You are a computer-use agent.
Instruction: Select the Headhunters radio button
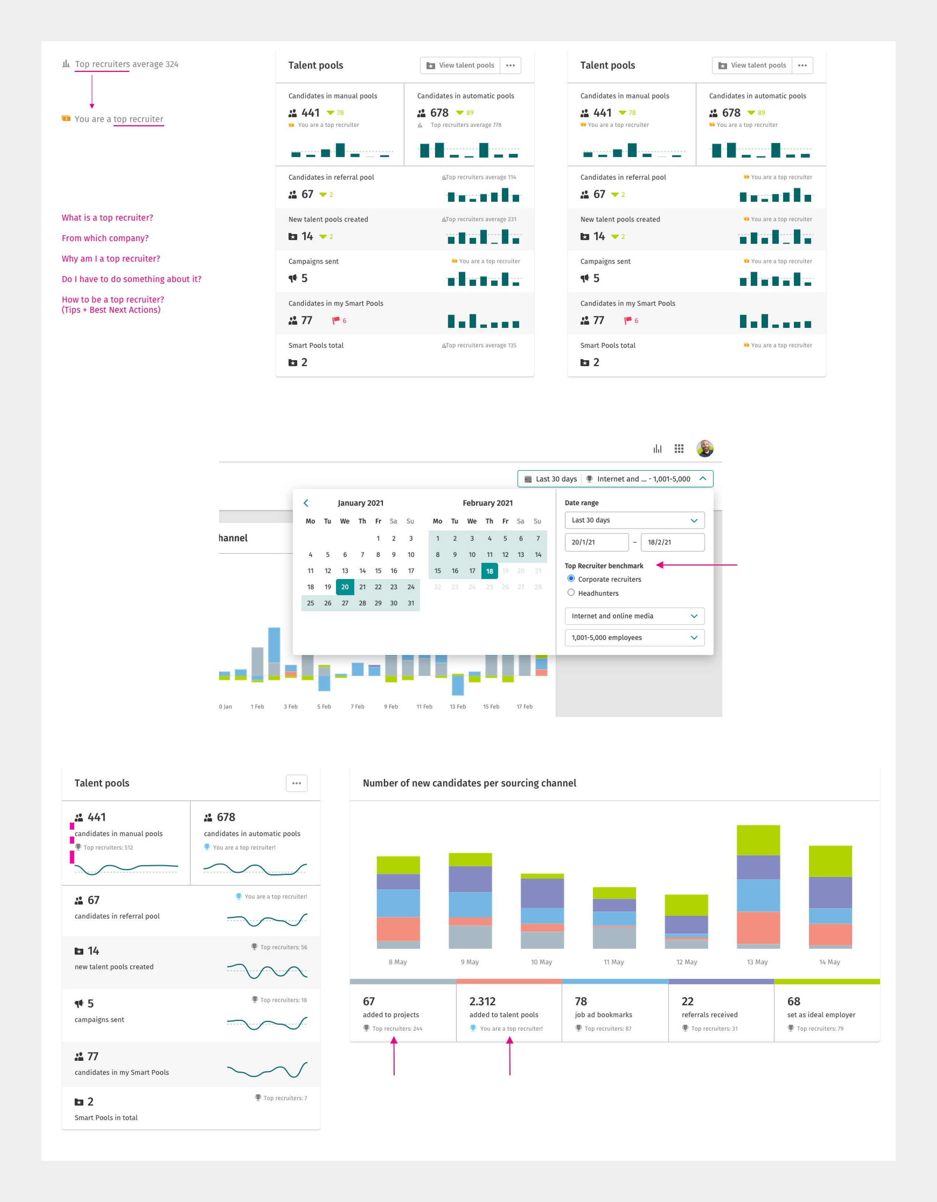(571, 593)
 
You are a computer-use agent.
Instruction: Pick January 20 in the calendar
(345, 587)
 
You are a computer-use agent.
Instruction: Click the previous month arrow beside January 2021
(306, 503)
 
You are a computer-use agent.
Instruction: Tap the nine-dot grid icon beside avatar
(679, 448)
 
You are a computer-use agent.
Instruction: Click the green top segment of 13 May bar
(758, 840)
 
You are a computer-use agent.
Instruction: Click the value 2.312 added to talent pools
(482, 1001)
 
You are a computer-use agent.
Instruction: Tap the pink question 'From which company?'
(105, 238)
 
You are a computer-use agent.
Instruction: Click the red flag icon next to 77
(336, 320)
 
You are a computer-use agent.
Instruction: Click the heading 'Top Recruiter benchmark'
(604, 566)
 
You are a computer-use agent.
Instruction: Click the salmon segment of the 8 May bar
(398, 929)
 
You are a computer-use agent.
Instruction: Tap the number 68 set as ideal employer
(793, 1001)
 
